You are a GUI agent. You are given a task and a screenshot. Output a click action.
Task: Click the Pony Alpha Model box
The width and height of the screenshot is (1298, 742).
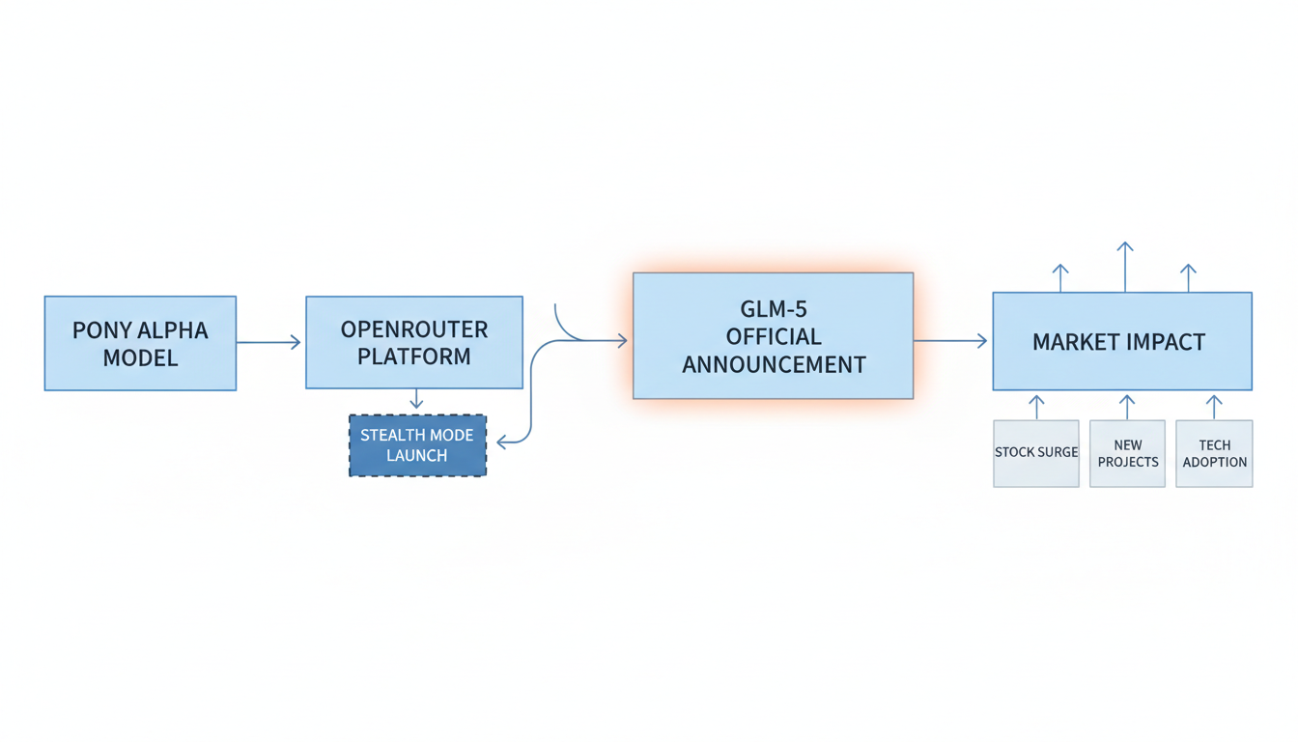coord(140,343)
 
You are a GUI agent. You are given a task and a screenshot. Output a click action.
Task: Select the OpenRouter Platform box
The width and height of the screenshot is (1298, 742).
coord(414,342)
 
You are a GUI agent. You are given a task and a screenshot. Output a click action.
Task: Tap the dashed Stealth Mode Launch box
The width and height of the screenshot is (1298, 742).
coord(417,445)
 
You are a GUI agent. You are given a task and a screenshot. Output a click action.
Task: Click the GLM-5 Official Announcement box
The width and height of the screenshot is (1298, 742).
coord(773,335)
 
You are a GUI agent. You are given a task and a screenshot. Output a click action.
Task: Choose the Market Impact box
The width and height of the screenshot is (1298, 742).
coord(1122,341)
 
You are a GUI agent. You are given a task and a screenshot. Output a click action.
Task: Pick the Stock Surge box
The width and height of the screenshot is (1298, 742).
coord(1036,453)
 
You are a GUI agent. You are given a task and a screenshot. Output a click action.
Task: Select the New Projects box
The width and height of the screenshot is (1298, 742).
coord(1127,453)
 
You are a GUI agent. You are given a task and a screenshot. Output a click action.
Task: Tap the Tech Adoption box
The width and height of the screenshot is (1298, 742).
coord(1214,453)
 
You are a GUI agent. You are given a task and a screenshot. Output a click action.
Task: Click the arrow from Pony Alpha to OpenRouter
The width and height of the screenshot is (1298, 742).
coord(269,342)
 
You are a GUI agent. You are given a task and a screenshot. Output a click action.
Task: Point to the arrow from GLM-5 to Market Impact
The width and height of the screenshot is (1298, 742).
coord(951,340)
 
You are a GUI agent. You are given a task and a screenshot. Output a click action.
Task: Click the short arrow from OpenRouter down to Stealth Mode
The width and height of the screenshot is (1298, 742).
coord(416,400)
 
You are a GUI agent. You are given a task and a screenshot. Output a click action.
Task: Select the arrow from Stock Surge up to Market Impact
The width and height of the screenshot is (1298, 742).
coord(1036,406)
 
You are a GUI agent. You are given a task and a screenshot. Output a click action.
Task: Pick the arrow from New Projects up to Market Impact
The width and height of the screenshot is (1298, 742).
coord(1126,406)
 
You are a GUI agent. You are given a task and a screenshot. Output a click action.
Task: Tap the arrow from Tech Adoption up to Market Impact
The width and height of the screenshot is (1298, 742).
coord(1214,406)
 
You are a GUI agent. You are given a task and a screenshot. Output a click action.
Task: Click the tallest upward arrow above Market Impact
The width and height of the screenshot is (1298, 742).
coord(1124,266)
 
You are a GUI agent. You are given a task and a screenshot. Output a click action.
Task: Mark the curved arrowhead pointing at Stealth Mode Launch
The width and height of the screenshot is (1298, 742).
coord(502,442)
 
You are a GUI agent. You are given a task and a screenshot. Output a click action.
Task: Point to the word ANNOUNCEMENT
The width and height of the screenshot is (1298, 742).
coord(774,365)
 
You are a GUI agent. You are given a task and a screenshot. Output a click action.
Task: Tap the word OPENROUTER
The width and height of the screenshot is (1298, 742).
coord(414,329)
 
